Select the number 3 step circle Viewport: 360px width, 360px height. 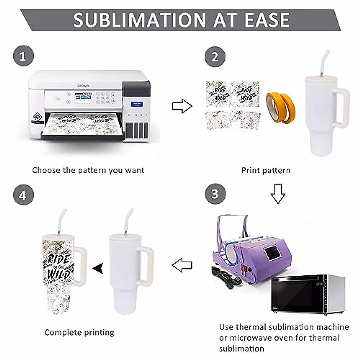click(215, 194)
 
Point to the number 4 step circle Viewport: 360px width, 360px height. click(23, 196)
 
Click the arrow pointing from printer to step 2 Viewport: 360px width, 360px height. click(182, 106)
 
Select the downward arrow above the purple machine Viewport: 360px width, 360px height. click(278, 193)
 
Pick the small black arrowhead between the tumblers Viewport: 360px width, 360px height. click(98, 268)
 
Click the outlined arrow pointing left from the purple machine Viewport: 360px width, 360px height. click(182, 265)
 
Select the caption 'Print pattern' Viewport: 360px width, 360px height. click(266, 170)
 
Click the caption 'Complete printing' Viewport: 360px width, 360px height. click(79, 332)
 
